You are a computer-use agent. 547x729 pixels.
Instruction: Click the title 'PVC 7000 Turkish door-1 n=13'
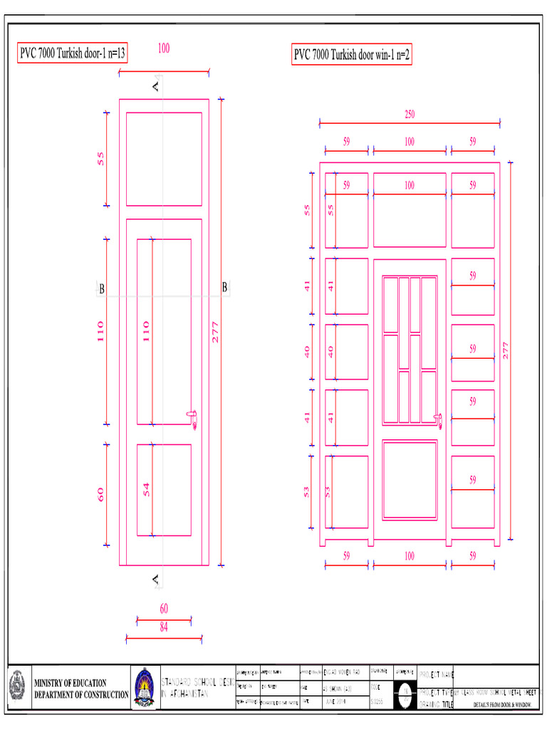coord(73,54)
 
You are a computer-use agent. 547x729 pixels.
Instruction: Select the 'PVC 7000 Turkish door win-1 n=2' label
coord(352,54)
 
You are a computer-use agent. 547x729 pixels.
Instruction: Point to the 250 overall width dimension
coord(410,115)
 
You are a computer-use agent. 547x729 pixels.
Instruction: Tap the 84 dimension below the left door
coord(164,627)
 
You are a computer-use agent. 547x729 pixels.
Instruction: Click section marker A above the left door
coord(156,86)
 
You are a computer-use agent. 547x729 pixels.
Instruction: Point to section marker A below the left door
coord(156,580)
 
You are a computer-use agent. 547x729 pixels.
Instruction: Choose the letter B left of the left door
coord(102,289)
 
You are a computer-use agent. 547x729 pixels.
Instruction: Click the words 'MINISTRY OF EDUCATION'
coord(71,683)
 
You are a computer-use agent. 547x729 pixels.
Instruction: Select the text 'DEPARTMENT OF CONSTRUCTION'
coord(81,694)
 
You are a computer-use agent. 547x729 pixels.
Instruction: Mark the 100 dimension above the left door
coord(163,48)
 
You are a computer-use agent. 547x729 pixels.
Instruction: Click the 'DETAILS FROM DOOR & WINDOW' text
coord(503,705)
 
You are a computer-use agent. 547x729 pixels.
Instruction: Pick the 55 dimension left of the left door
coord(101,158)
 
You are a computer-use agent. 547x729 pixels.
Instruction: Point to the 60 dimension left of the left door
coord(101,493)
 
